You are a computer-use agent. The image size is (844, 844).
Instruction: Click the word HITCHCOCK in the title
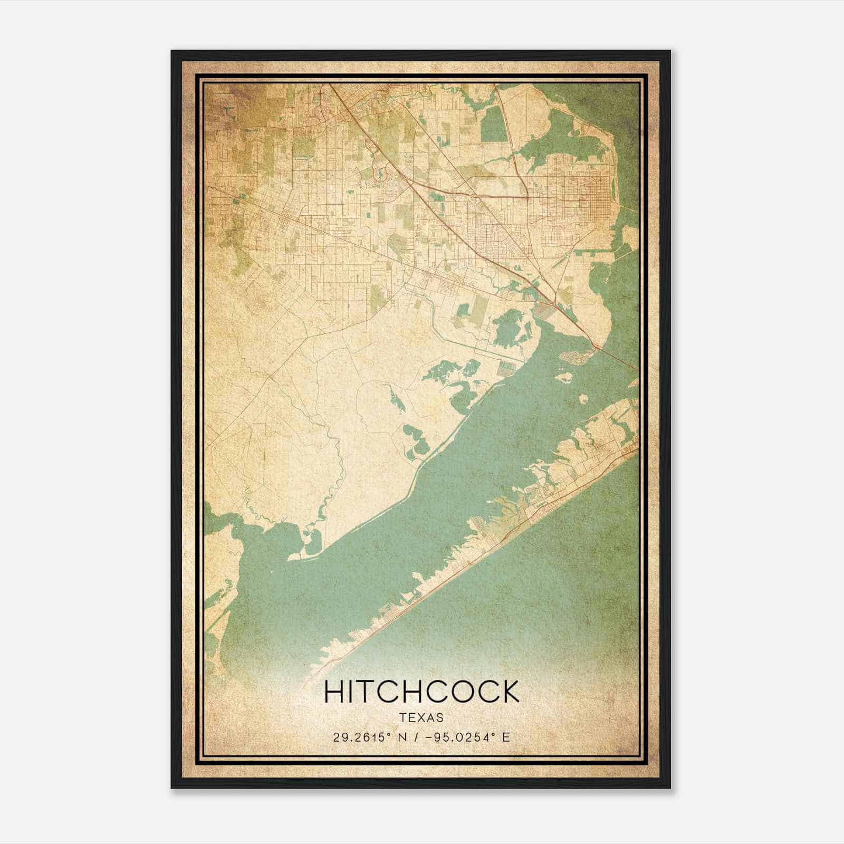[421, 692]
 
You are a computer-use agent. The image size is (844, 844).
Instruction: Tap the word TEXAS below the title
[421, 717]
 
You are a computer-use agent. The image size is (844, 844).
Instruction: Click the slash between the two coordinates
[419, 737]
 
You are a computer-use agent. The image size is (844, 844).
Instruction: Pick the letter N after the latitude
[405, 737]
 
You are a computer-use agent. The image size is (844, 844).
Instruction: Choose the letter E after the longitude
[506, 737]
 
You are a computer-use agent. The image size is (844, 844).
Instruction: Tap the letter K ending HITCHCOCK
[509, 692]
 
